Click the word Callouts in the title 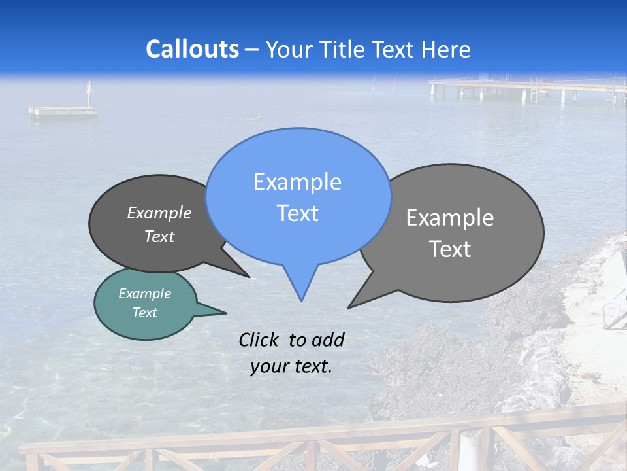point(192,49)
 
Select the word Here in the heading point(446,50)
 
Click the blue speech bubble point(298,196)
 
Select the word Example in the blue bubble point(298,182)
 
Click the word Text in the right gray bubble point(450,249)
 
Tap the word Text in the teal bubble point(145,313)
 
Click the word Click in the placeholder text point(259,340)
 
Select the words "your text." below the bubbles point(291,366)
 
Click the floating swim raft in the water point(63,111)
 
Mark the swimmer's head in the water point(259,116)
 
